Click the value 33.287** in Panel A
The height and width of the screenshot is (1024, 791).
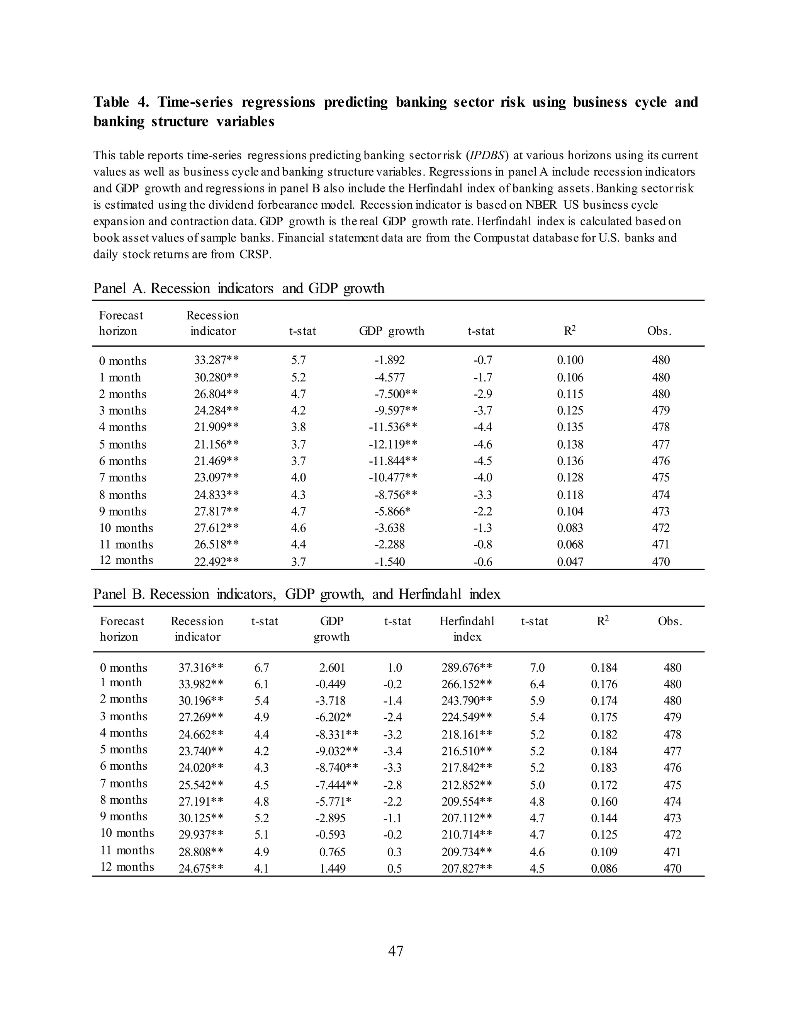coord(216,360)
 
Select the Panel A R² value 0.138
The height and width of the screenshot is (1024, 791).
coord(570,444)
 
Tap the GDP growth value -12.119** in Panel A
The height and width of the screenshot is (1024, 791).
coord(392,444)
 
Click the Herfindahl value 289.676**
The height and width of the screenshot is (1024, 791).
coord(466,667)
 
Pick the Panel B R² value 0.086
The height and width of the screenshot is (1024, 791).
coord(604,868)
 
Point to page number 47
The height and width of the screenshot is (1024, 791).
coord(395,951)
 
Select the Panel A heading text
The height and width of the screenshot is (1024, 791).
coord(239,288)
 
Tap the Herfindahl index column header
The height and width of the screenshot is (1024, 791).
coord(467,629)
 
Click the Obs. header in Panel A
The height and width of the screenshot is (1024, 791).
coord(659,331)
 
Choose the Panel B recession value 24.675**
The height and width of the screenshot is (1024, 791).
coord(200,868)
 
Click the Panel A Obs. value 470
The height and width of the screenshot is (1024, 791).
coord(661,562)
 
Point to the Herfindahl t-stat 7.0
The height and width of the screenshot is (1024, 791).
coord(537,667)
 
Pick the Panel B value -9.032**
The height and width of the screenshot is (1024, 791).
coord(336,751)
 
